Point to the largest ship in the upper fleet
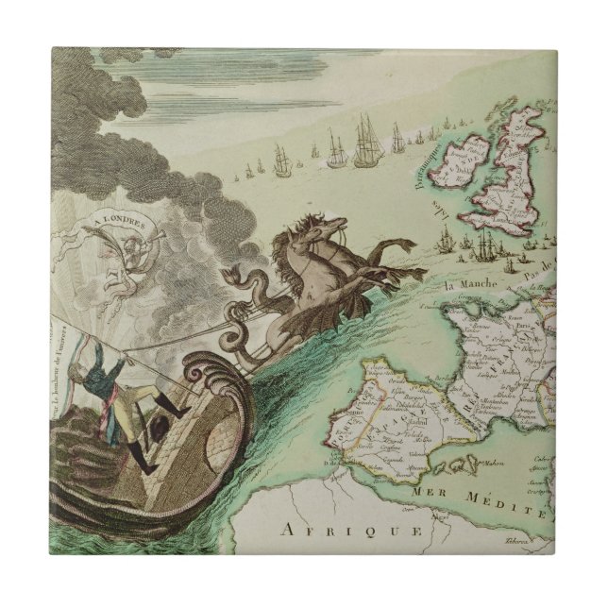click(366, 142)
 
